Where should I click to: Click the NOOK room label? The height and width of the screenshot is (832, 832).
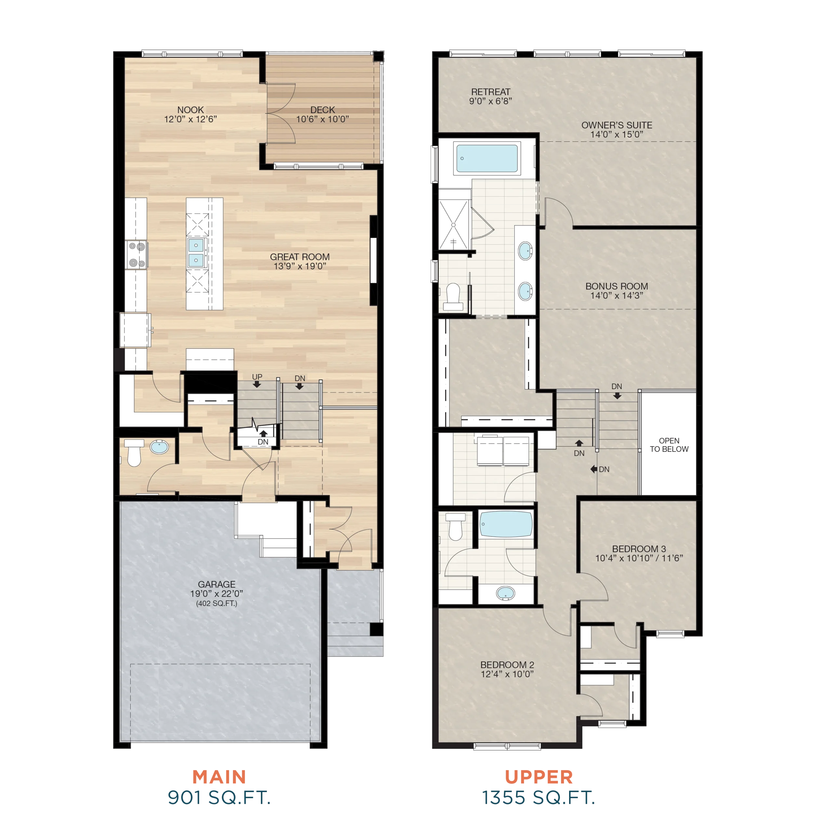pyautogui.click(x=190, y=110)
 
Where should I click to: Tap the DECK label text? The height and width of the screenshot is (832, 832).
pyautogui.click(x=322, y=110)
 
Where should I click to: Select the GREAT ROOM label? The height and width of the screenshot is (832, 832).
pyautogui.click(x=300, y=257)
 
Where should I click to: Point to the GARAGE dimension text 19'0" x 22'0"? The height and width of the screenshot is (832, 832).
pyautogui.click(x=217, y=593)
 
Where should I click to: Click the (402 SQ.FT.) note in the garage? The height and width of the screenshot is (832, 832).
pyautogui.click(x=217, y=603)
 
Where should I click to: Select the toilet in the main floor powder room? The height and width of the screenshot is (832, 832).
pyautogui.click(x=134, y=453)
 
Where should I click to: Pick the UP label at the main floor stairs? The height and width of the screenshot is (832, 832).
pyautogui.click(x=257, y=377)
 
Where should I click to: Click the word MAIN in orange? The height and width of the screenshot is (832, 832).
pyautogui.click(x=219, y=777)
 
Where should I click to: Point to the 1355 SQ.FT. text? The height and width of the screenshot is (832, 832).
pyautogui.click(x=538, y=798)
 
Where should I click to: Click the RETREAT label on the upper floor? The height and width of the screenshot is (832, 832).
pyautogui.click(x=490, y=92)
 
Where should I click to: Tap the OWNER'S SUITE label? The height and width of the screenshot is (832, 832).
pyautogui.click(x=617, y=125)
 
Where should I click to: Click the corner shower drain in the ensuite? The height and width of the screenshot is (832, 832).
pyautogui.click(x=453, y=225)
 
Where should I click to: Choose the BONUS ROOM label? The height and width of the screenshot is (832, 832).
pyautogui.click(x=617, y=286)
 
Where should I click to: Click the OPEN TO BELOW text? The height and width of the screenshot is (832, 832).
pyautogui.click(x=669, y=445)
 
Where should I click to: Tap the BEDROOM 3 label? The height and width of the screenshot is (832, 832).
pyautogui.click(x=639, y=549)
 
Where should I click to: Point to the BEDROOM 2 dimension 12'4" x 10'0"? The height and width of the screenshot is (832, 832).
pyautogui.click(x=507, y=674)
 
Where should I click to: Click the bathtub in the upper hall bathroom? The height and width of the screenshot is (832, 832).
pyautogui.click(x=506, y=524)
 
